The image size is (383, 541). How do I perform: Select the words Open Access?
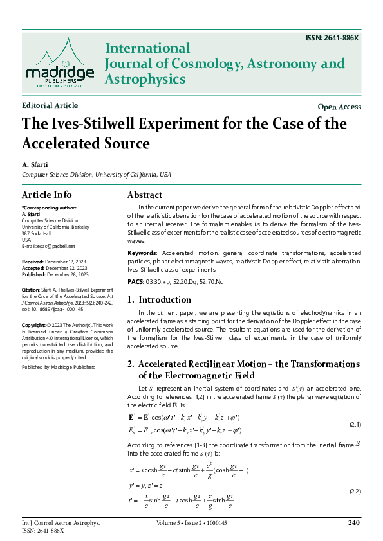(339, 107)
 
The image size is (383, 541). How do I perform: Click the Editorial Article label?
(50, 105)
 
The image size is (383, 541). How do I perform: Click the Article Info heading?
(47, 195)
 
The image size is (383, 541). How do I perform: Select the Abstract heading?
(145, 195)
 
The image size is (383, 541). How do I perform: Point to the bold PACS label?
(136, 282)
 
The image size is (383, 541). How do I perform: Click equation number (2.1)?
(355, 425)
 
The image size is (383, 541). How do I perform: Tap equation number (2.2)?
(355, 491)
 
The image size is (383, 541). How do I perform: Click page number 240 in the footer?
(353, 523)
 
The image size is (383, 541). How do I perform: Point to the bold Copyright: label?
(34, 325)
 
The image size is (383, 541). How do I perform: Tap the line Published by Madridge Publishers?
(58, 367)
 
